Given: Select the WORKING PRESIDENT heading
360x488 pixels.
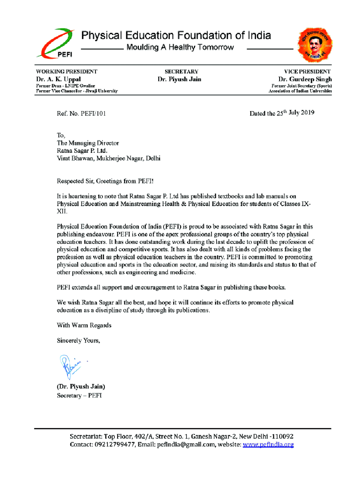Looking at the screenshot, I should (x=67, y=72).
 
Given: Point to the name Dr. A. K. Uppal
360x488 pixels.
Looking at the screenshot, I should (x=58, y=79).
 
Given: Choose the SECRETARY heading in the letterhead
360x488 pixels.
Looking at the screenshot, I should (x=181, y=72).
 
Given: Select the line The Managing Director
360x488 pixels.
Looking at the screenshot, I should (x=88, y=143).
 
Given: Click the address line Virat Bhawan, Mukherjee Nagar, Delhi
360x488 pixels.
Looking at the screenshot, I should (x=109, y=158).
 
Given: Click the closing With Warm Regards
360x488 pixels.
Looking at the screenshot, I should (x=84, y=325).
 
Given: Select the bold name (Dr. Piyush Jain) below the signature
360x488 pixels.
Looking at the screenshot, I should (x=81, y=386).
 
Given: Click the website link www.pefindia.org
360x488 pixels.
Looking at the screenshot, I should (x=268, y=445).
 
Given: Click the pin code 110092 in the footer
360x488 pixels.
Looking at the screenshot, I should (x=282, y=436).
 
